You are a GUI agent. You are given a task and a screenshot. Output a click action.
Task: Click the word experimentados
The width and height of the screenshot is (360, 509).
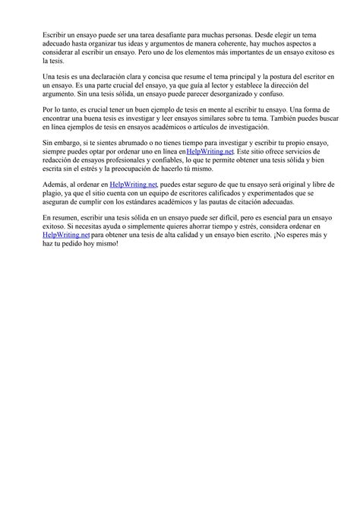[x=271, y=196]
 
